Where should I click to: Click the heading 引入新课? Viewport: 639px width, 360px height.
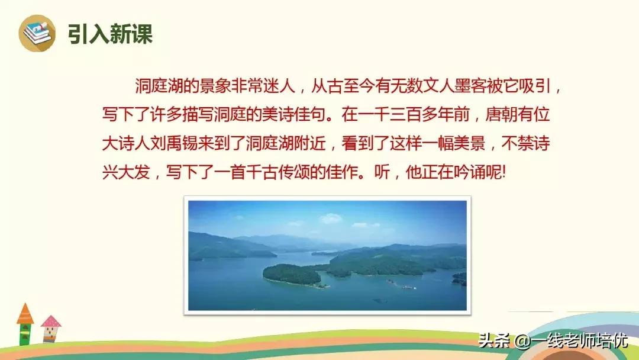[110, 34]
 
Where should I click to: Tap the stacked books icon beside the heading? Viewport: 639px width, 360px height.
[37, 33]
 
